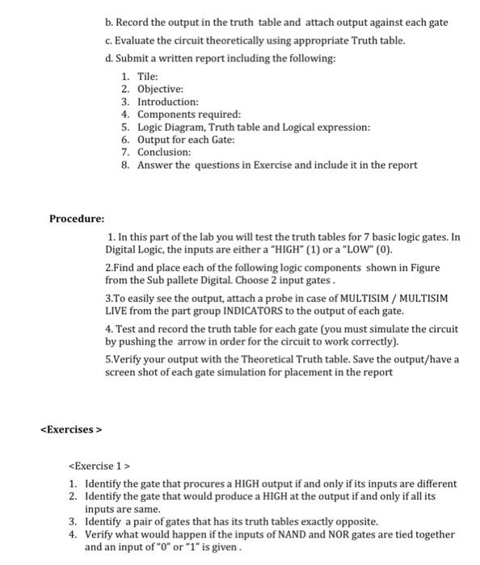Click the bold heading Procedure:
coord(77,218)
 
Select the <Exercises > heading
coord(70,429)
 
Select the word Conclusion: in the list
coord(164,152)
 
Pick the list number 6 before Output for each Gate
coord(124,139)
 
